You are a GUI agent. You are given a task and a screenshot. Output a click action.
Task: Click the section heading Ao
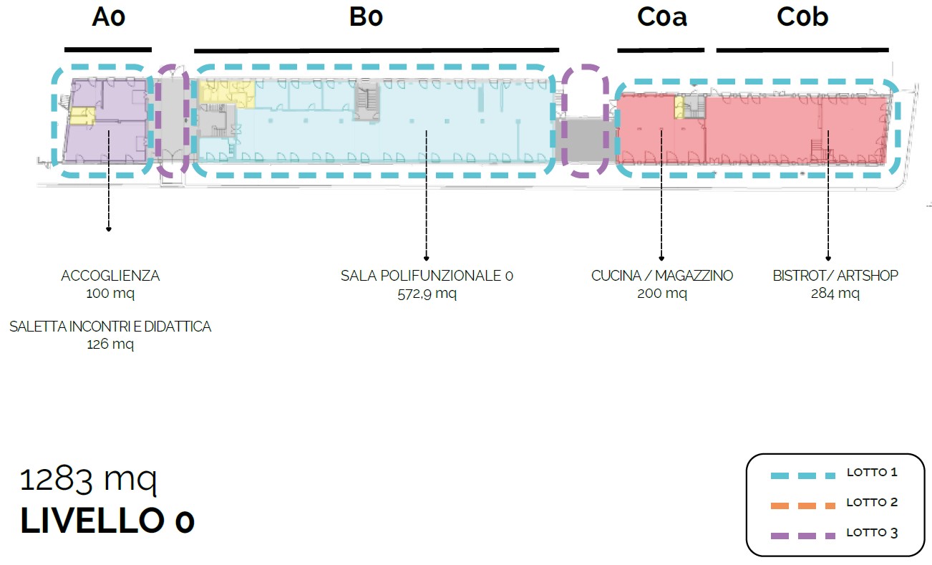(x=109, y=17)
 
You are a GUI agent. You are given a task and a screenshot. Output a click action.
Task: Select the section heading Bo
(x=366, y=17)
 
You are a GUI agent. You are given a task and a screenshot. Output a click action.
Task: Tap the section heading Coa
(x=661, y=17)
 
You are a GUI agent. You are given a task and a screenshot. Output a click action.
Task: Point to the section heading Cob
(x=802, y=17)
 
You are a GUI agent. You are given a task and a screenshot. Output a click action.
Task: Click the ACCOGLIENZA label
(x=110, y=276)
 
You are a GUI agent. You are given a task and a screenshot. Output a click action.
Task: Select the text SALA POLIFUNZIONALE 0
(x=427, y=276)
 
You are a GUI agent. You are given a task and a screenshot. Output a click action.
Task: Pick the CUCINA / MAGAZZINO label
(x=662, y=276)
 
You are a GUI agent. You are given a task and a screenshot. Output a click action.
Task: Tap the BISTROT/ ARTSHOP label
(x=835, y=276)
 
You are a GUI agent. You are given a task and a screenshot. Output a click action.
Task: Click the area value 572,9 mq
(x=427, y=294)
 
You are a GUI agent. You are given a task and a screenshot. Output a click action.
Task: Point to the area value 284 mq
(x=835, y=294)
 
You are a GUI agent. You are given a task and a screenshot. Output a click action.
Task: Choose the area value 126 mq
(x=110, y=344)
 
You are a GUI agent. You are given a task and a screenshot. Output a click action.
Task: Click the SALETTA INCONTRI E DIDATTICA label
(x=110, y=327)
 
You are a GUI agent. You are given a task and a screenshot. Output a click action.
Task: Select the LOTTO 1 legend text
(x=872, y=473)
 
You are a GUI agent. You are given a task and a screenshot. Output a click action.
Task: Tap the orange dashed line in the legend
(x=802, y=506)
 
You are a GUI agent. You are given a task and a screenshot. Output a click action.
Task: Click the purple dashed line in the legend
(x=802, y=535)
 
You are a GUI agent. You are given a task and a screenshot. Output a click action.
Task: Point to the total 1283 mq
(x=88, y=480)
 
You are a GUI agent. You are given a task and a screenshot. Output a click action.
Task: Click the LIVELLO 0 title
(x=107, y=522)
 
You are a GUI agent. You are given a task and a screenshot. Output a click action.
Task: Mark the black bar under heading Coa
(x=661, y=50)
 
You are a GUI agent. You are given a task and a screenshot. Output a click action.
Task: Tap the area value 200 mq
(x=662, y=294)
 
